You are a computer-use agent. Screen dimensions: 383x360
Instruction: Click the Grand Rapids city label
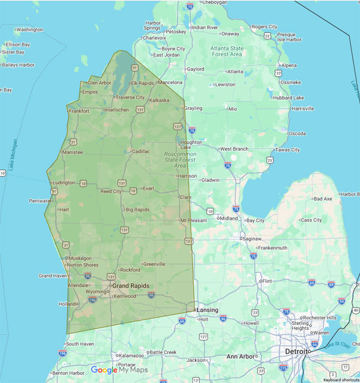[130, 286]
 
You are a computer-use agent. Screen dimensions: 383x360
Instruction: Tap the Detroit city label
[297, 351]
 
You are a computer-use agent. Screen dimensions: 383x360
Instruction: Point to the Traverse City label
[130, 97]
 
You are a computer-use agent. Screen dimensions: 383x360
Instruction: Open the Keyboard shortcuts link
[340, 380]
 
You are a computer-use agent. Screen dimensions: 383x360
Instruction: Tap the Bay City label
[255, 220]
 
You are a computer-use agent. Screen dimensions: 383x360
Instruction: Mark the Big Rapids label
[137, 210]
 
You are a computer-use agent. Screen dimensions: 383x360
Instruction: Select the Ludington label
[64, 182]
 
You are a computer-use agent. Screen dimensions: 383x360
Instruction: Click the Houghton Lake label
[191, 145]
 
